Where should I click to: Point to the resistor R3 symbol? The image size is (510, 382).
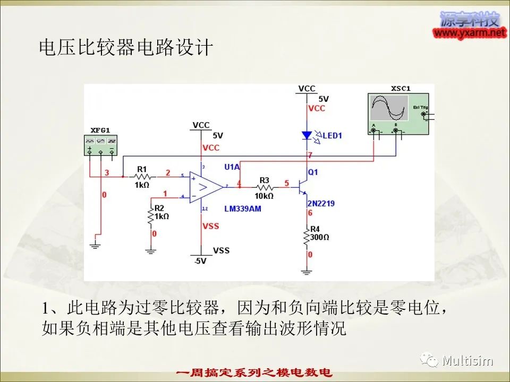click(x=264, y=187)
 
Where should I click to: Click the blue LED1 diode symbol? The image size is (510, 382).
click(x=306, y=135)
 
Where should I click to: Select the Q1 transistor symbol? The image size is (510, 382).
click(x=304, y=187)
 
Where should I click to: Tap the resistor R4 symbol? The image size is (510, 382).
click(x=307, y=237)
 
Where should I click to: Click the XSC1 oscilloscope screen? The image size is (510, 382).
click(x=389, y=108)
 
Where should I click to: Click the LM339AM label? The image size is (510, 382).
click(x=242, y=209)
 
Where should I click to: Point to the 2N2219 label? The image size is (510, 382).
click(x=321, y=203)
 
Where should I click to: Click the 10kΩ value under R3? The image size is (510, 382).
click(x=264, y=196)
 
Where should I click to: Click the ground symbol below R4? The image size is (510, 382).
click(x=306, y=273)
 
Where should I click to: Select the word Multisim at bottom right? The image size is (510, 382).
click(x=467, y=361)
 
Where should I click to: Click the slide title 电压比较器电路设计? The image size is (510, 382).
click(x=126, y=48)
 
